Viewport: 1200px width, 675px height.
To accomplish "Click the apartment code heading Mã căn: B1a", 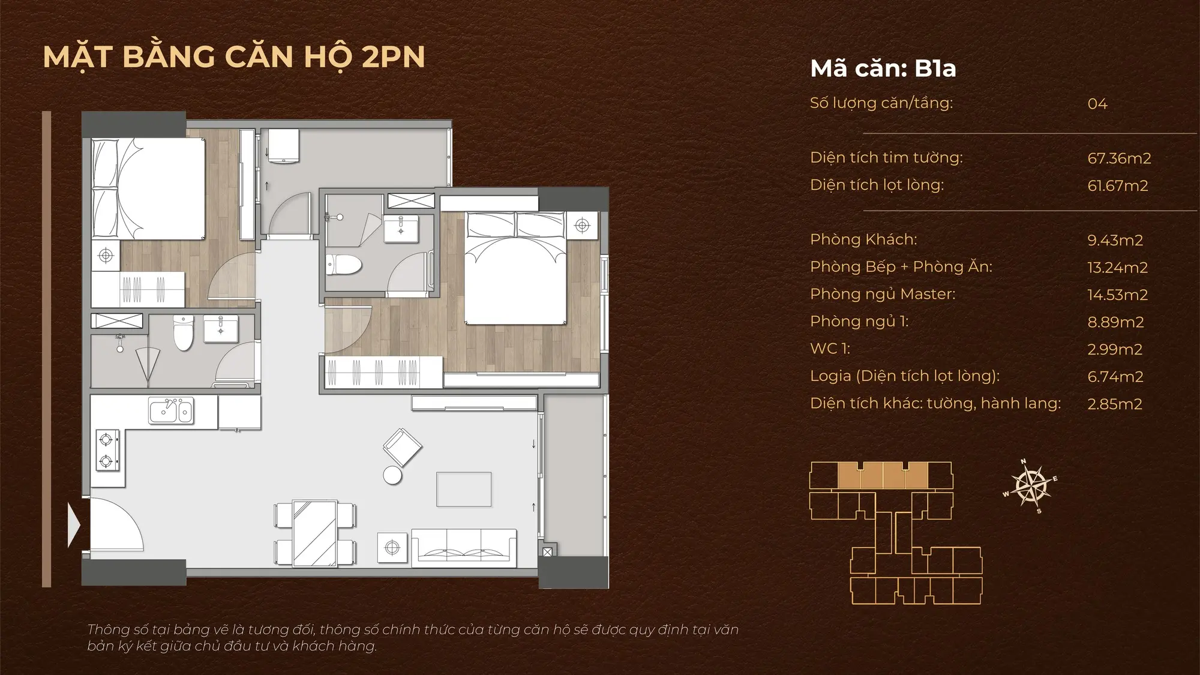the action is click(883, 69).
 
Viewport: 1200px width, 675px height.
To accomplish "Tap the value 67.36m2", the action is click(1119, 158).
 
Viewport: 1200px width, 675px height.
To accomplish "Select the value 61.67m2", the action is click(1118, 186).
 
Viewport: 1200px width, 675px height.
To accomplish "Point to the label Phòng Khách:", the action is click(863, 239).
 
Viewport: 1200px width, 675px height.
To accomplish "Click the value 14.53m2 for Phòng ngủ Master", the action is click(1117, 295).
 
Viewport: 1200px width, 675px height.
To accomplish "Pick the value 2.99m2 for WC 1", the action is click(1115, 349).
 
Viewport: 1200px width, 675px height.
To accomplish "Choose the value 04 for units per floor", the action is click(1097, 104).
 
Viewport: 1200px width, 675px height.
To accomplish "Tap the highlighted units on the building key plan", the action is click(883, 475).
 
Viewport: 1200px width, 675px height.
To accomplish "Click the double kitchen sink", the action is click(171, 410).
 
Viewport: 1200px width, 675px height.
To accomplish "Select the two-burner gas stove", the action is click(107, 451).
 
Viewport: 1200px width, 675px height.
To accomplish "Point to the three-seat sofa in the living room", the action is click(464, 547).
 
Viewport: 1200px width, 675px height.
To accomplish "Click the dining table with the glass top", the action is click(315, 533).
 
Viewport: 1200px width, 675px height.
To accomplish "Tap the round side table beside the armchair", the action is click(392, 475).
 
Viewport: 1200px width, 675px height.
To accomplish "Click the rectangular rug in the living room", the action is click(464, 490).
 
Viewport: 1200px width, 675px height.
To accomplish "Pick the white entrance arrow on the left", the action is click(74, 526).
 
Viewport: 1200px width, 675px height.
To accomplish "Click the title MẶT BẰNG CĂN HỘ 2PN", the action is click(234, 58).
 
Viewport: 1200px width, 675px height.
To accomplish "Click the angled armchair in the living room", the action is click(403, 447).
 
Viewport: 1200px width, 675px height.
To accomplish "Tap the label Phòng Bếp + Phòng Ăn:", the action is click(901, 267).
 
